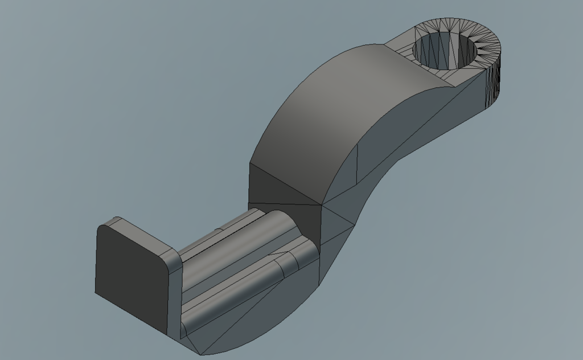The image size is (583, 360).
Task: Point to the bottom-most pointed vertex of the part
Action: (x=200, y=354)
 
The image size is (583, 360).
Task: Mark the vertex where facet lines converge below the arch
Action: (x=322, y=203)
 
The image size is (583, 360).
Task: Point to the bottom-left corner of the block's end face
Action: (x=96, y=293)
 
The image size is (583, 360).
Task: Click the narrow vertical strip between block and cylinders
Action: (x=175, y=296)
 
